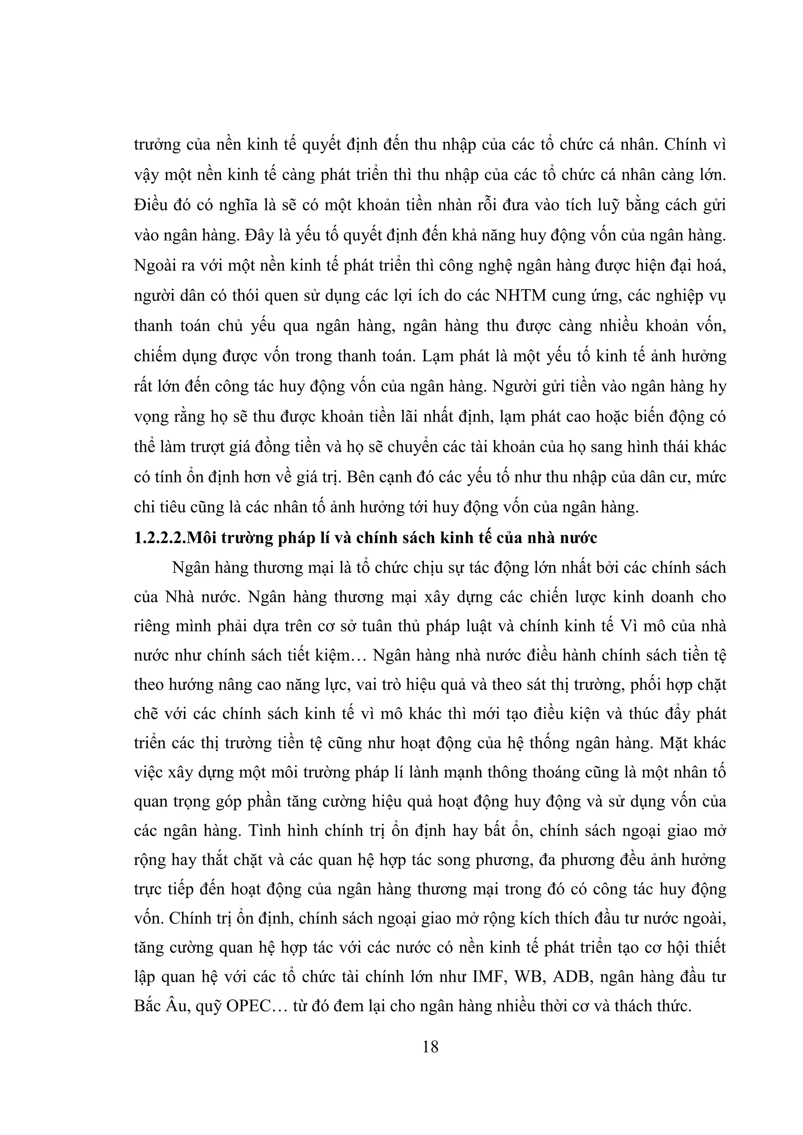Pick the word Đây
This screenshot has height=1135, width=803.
coord(260,235)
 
